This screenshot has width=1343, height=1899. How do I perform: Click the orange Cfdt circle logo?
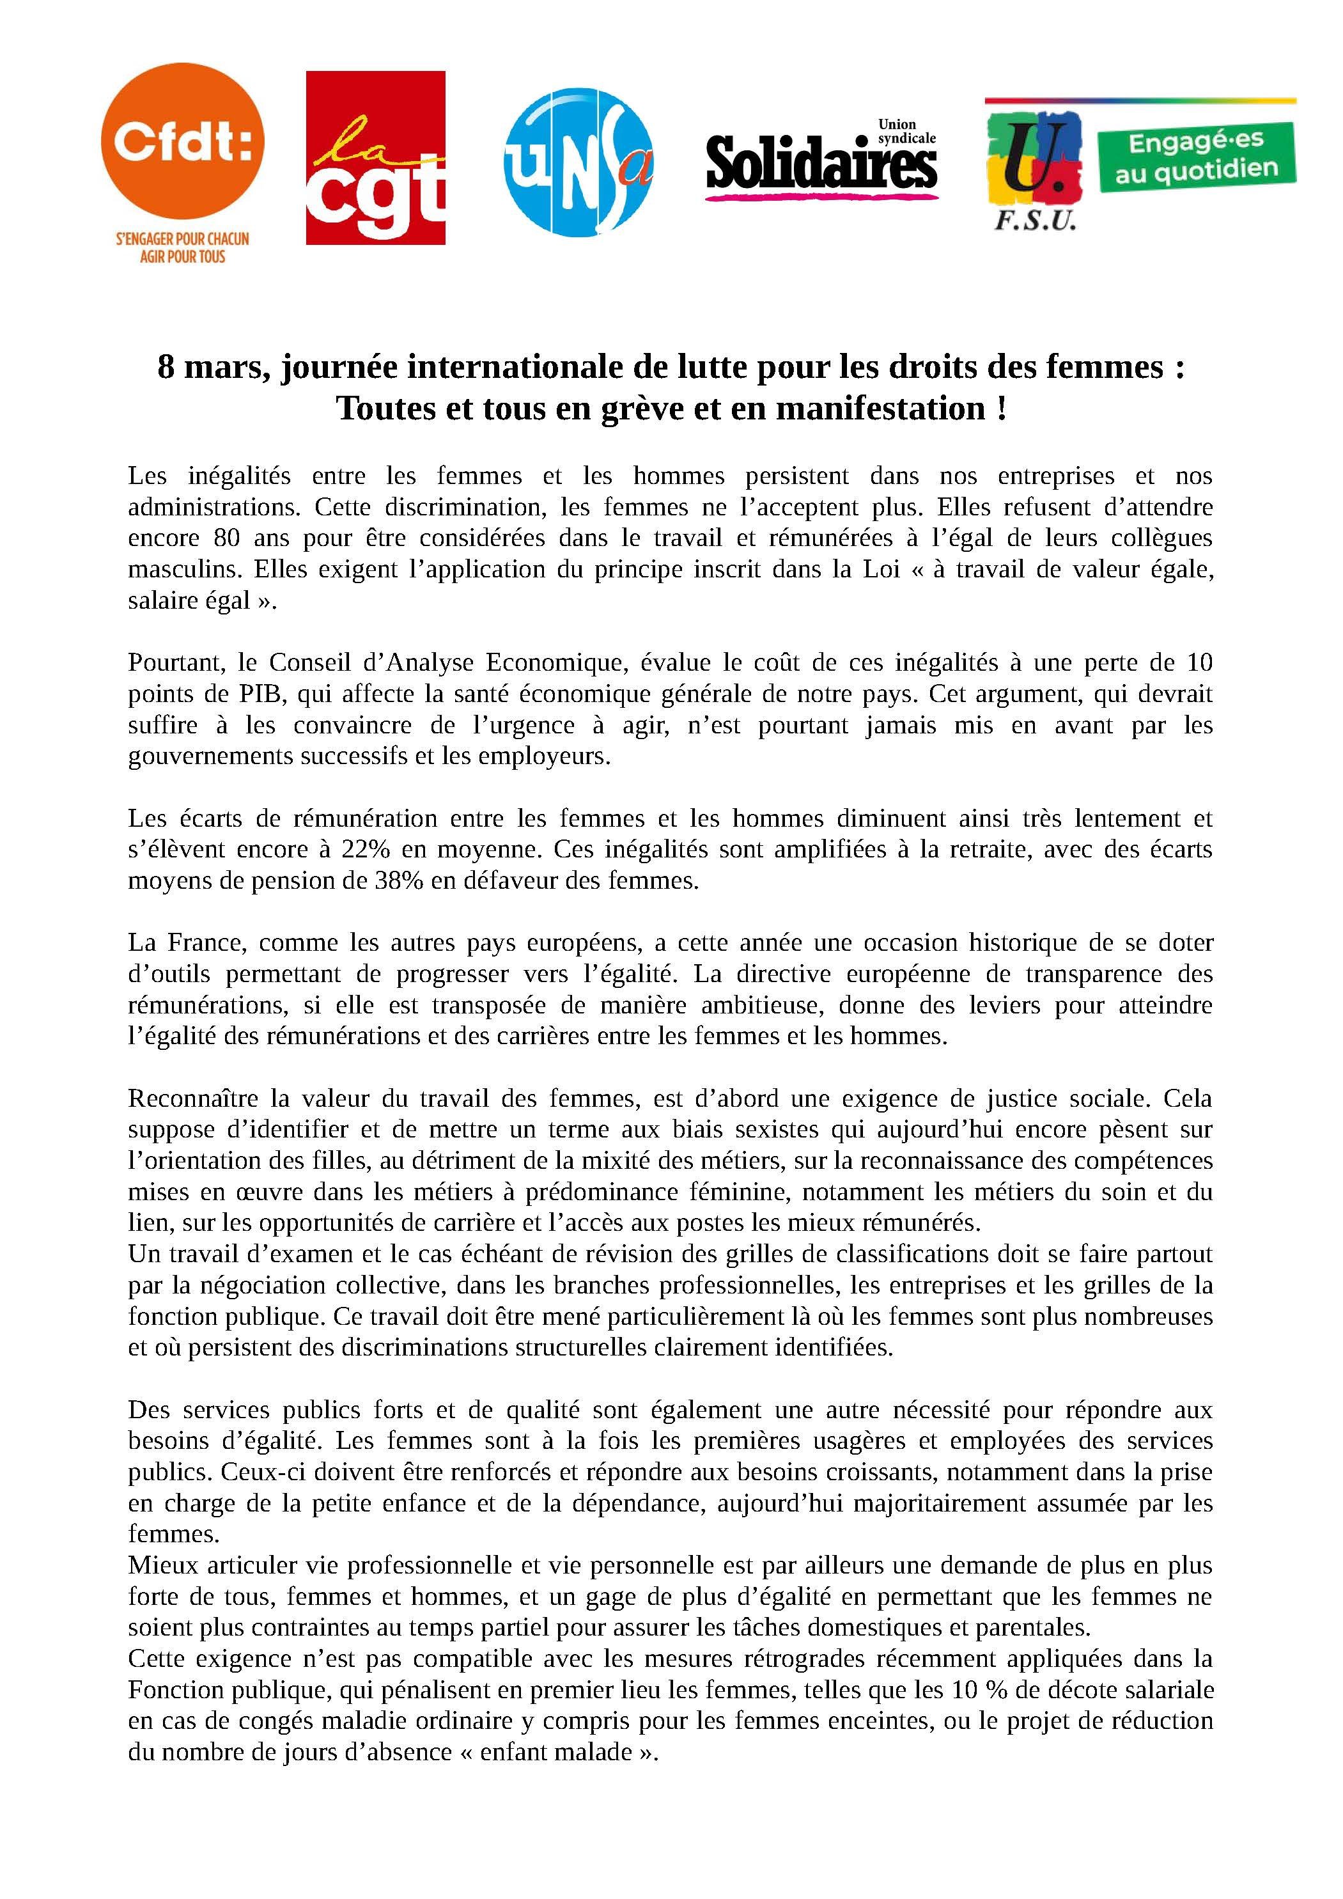(x=182, y=146)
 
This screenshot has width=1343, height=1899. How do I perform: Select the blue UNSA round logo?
(x=578, y=163)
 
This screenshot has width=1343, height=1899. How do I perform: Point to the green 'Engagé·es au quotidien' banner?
(x=1196, y=156)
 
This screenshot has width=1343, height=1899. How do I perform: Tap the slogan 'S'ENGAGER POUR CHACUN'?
(x=182, y=239)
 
